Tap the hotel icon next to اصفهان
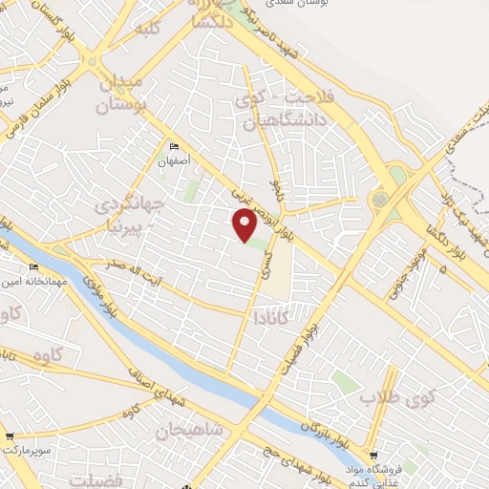174,146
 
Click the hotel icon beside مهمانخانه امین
34,266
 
